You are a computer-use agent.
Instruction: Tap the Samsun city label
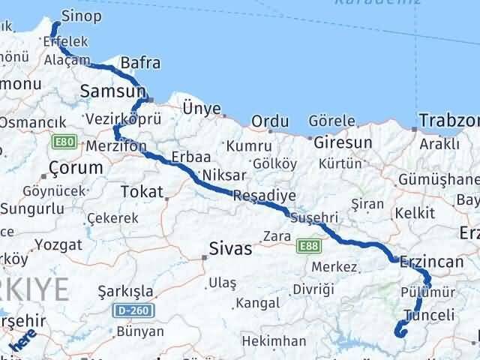(112, 92)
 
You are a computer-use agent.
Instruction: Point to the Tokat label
(142, 193)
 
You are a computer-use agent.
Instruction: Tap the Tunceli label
(428, 316)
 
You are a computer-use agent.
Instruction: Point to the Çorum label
(75, 168)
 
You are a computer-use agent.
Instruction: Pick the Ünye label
(202, 109)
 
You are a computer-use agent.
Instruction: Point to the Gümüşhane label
(449, 180)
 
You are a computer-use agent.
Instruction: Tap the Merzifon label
(116, 145)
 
